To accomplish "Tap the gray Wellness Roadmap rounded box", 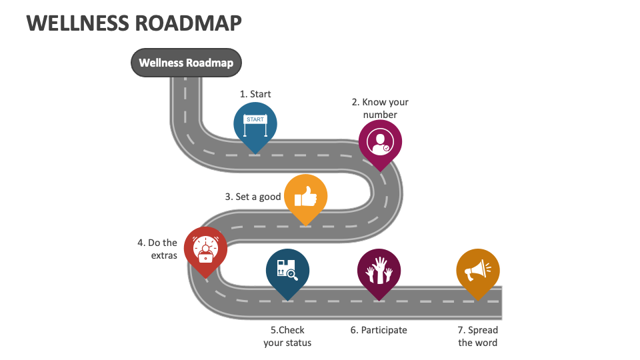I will (x=186, y=63).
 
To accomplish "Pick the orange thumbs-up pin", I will (x=305, y=197).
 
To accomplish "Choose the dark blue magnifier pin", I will (x=287, y=272).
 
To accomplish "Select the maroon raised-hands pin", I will (x=379, y=272).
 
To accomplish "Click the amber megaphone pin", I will (x=478, y=272).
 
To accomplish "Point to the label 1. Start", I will (x=255, y=94).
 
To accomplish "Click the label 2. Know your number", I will (x=380, y=108).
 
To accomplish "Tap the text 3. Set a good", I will (x=253, y=197).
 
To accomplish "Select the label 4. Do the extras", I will (x=157, y=249).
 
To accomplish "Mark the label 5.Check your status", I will (x=287, y=336).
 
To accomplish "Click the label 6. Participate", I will (x=379, y=330).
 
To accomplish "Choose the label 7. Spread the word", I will (x=478, y=336).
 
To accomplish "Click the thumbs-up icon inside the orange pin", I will (x=305, y=195).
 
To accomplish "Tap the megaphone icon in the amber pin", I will (x=478, y=270).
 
